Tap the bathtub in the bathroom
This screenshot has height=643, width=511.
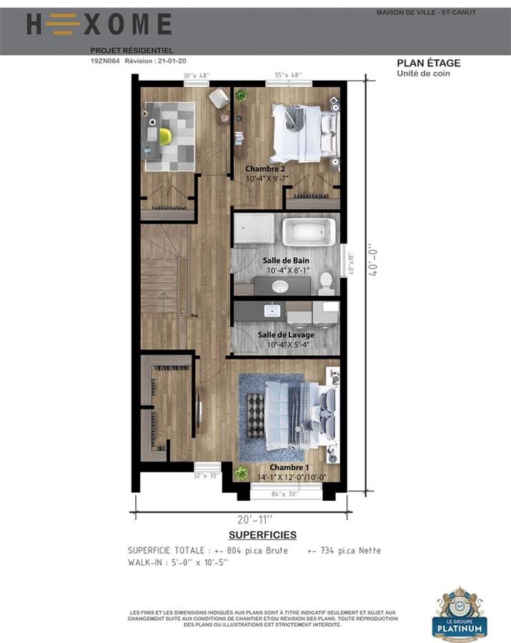pyautogui.click(x=309, y=231)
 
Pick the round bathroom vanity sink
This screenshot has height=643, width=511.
pyautogui.click(x=280, y=286)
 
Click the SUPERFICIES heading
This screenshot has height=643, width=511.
pyautogui.click(x=262, y=534)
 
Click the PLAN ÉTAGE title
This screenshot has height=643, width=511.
pyautogui.click(x=429, y=63)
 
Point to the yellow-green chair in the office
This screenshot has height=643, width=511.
pyautogui.click(x=165, y=136)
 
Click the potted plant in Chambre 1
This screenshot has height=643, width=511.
pyautogui.click(x=241, y=472)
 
